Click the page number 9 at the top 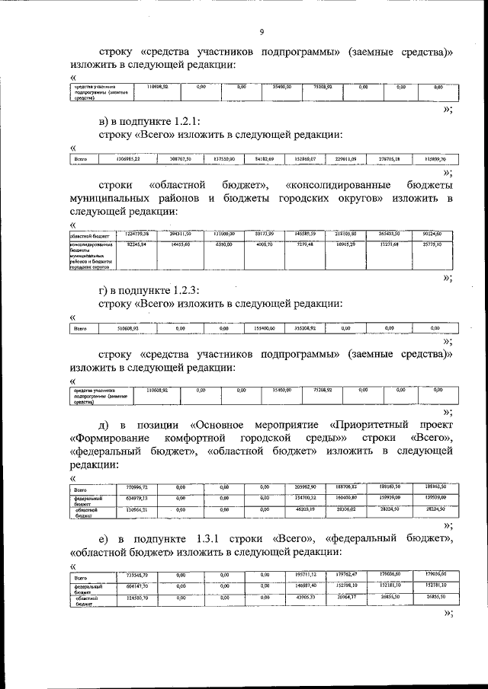point(262,31)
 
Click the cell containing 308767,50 point(179,159)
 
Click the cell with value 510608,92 point(136,328)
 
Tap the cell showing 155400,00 point(281,328)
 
